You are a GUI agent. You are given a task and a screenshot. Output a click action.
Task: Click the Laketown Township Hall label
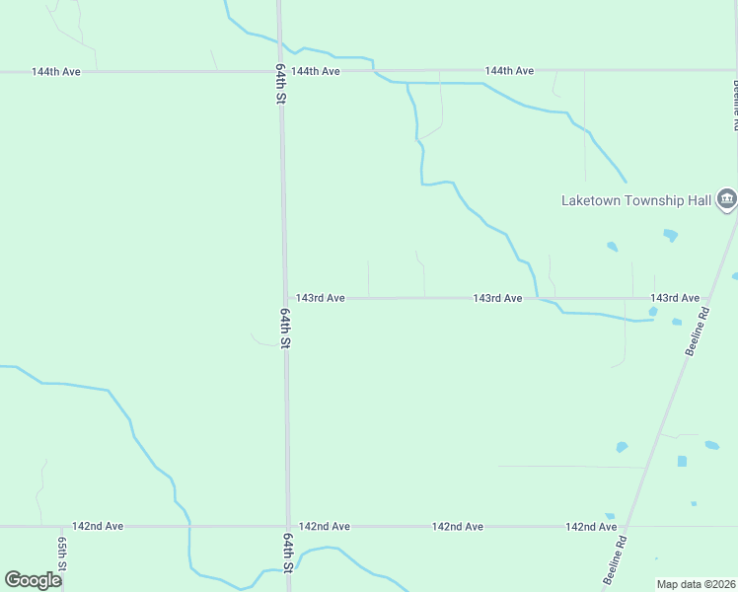tap(635, 200)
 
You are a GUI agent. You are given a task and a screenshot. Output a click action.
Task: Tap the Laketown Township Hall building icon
tap(726, 199)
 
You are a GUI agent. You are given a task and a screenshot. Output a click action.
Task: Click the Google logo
tap(34, 579)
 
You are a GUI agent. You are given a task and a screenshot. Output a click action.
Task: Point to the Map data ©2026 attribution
tap(696, 584)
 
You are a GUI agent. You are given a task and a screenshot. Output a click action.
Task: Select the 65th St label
tap(61, 555)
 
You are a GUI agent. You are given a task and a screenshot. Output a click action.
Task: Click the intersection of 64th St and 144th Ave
tap(280, 71)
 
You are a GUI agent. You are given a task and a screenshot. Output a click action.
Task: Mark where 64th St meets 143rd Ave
tap(285, 298)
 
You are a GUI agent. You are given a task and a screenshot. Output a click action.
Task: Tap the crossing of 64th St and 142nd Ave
tap(288, 526)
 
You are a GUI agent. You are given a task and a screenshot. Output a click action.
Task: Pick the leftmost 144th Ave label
tap(55, 72)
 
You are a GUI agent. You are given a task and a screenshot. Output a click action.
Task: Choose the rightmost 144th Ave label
tap(509, 71)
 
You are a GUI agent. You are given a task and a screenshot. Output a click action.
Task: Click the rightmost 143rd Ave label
tap(675, 298)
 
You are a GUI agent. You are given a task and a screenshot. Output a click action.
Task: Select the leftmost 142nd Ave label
tap(98, 527)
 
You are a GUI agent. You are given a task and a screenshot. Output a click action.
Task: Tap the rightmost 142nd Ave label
tap(591, 527)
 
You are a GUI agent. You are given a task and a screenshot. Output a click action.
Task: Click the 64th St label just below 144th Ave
tap(280, 86)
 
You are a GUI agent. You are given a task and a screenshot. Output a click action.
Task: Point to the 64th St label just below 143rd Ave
tap(285, 329)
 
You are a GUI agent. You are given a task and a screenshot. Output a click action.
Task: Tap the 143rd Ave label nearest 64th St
tap(320, 298)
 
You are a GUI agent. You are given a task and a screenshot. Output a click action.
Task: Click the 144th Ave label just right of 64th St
tap(316, 72)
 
